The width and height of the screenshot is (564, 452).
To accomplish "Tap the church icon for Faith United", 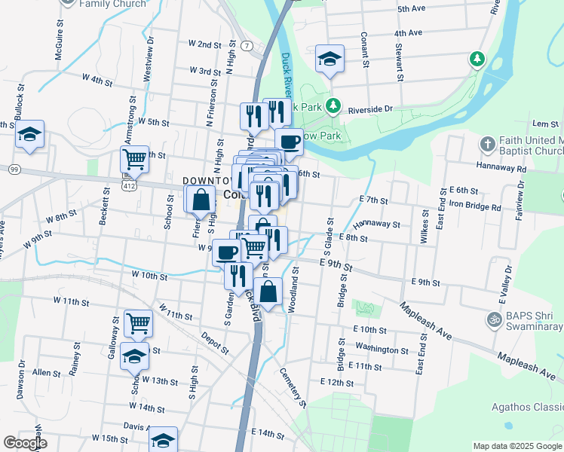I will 487,143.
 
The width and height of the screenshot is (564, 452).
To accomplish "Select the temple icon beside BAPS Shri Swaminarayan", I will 495,319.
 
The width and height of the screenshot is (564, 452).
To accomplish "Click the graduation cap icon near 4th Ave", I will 330,60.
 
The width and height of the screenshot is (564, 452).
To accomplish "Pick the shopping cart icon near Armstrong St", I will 134,160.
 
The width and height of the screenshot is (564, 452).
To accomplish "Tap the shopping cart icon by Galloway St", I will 138,323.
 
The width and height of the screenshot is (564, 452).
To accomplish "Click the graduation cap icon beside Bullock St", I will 29,134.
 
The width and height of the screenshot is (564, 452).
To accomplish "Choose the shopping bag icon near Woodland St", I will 268,290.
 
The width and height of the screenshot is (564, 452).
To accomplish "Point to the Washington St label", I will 382,350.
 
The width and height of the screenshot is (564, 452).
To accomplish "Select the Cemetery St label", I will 293,386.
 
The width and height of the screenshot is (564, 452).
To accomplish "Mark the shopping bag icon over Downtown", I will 201,200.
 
